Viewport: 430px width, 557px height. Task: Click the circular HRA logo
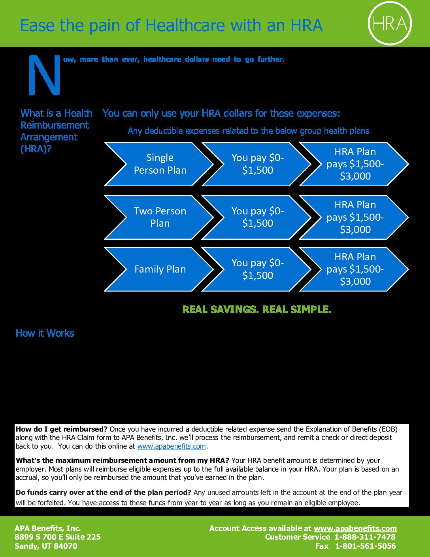[x=390, y=24]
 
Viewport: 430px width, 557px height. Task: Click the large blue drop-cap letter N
[x=45, y=75]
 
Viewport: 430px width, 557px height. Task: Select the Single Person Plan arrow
[x=159, y=164]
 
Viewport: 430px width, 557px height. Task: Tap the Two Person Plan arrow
[x=159, y=217]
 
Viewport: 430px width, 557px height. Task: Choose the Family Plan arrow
[x=159, y=269]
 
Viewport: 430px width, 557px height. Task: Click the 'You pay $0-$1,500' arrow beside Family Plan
[x=256, y=269]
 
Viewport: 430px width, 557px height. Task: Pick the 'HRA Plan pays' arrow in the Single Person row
[x=354, y=164]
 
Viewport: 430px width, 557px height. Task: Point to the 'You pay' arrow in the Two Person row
[x=256, y=217]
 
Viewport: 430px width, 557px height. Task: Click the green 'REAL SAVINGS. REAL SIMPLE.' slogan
[x=256, y=309]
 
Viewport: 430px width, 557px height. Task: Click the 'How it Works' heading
[x=45, y=333]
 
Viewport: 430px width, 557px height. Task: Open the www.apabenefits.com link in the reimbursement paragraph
[x=172, y=446]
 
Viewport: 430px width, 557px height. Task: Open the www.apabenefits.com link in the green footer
[x=355, y=529]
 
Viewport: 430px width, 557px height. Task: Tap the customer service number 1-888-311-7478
[x=365, y=537]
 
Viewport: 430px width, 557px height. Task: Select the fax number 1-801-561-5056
[x=366, y=546]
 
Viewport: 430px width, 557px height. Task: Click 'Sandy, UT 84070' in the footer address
[x=46, y=546]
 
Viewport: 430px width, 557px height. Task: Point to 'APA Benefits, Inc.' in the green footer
[x=48, y=528]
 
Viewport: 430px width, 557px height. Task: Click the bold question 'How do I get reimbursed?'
[x=62, y=429]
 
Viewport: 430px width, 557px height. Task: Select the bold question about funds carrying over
[x=104, y=493]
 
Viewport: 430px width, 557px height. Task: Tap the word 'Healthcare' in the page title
[x=186, y=25]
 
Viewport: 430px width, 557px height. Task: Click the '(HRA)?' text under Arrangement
[x=36, y=149]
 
